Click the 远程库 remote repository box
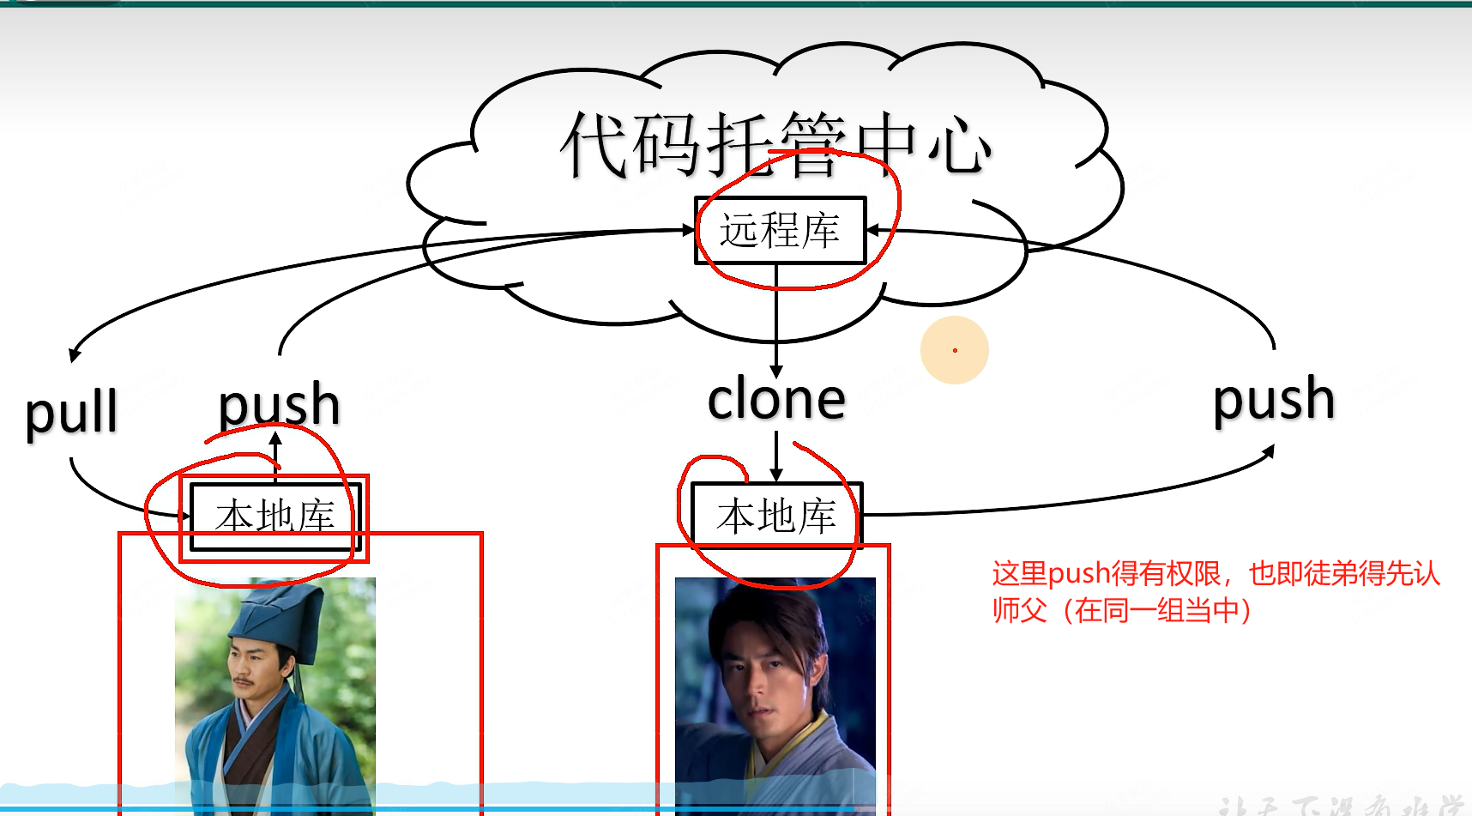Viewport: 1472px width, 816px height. coord(780,231)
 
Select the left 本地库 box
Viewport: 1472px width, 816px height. coord(274,517)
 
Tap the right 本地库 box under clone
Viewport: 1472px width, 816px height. coord(776,516)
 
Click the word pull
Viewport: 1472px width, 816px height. coord(71,413)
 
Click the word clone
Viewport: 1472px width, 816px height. coord(776,399)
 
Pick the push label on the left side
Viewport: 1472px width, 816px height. coord(279,404)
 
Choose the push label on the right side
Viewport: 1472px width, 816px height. coord(1274,399)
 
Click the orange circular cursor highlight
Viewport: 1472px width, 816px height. coord(955,350)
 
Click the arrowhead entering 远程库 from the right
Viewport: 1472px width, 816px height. coord(873,230)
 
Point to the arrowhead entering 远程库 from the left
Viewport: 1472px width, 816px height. coord(688,230)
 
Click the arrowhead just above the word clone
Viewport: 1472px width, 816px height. coord(776,372)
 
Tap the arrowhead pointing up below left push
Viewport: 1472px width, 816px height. coord(275,438)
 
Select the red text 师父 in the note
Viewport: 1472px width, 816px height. coord(1020,610)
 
